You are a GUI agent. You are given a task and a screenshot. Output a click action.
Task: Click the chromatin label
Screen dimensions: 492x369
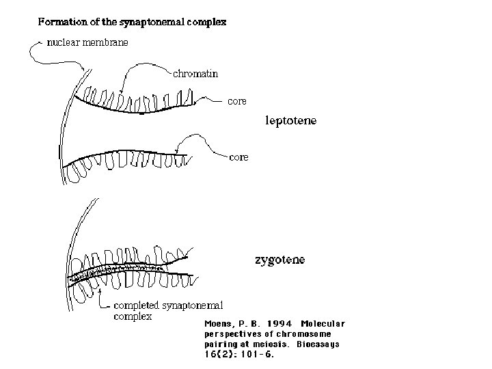[x=195, y=74]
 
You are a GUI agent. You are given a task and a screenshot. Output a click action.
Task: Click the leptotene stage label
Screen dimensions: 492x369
[x=291, y=121]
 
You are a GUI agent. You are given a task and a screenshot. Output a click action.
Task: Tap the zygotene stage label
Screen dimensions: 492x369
[x=279, y=260]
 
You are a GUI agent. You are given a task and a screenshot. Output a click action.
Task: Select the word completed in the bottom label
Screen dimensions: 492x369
[x=137, y=305]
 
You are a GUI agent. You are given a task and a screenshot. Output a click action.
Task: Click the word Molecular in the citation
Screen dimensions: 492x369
[x=323, y=323]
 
